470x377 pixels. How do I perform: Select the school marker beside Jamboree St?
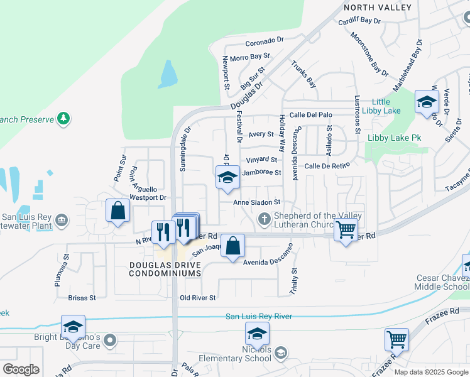pos(227,177)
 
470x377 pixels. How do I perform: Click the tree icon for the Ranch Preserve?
pos(63,118)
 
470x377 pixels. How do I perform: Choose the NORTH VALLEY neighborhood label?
pos(377,8)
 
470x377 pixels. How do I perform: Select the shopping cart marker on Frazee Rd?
pos(396,340)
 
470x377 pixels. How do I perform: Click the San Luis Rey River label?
pos(259,316)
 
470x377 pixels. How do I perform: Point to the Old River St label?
pos(198,298)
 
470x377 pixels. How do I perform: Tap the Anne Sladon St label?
pos(256,202)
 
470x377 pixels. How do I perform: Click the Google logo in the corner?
pos(20,369)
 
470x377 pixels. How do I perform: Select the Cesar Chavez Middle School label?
pos(442,282)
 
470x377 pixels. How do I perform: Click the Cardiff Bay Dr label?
pos(359,21)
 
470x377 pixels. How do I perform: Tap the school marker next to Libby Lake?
pos(427,102)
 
